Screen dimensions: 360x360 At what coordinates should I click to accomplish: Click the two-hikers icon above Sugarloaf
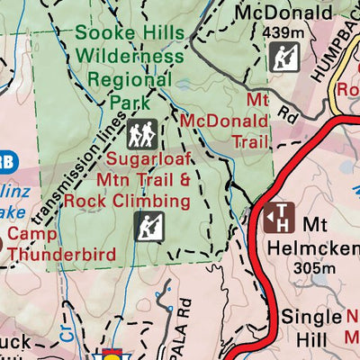click(141, 134)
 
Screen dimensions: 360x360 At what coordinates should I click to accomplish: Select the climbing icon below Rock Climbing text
click(148, 226)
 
